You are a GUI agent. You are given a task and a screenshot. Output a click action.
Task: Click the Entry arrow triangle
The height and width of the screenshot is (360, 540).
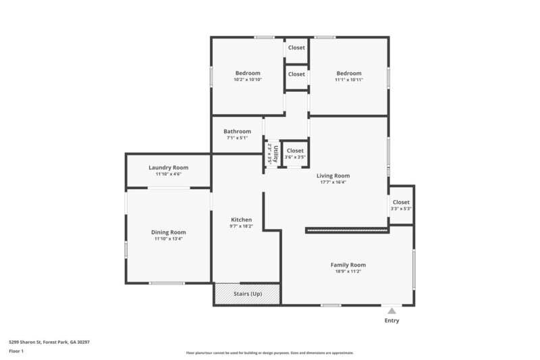391,311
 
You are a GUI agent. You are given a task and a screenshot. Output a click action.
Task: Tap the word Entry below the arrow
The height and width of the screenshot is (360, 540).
391,321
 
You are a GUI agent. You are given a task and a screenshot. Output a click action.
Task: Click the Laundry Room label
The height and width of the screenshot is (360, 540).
168,168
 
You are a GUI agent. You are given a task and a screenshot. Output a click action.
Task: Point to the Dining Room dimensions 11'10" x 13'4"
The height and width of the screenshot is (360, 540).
168,238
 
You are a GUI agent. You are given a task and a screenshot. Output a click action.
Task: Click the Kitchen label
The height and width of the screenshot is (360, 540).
242,220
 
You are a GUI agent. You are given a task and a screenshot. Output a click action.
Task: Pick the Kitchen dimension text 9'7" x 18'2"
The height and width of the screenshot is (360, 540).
242,226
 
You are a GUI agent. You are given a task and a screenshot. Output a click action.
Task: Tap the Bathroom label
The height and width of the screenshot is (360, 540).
238,132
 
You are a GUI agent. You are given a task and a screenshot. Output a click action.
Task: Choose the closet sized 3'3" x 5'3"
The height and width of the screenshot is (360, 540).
401,205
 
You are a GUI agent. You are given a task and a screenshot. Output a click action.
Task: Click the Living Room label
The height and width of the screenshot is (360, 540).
333,176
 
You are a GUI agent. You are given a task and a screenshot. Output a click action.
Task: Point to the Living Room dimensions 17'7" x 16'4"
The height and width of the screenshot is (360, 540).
333,182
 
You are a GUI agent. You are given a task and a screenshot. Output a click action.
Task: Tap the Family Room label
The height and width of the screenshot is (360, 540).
348,265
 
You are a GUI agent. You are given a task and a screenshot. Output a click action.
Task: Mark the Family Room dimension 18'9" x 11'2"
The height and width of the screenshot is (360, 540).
348,272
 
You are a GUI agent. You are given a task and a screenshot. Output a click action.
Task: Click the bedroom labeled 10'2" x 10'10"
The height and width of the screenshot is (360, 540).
248,76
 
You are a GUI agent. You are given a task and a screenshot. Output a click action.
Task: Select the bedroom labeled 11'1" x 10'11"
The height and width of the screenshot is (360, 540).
349,76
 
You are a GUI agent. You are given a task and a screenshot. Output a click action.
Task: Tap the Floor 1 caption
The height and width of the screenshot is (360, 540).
16,351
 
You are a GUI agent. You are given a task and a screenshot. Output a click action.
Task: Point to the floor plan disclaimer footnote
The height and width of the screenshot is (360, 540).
269,353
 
